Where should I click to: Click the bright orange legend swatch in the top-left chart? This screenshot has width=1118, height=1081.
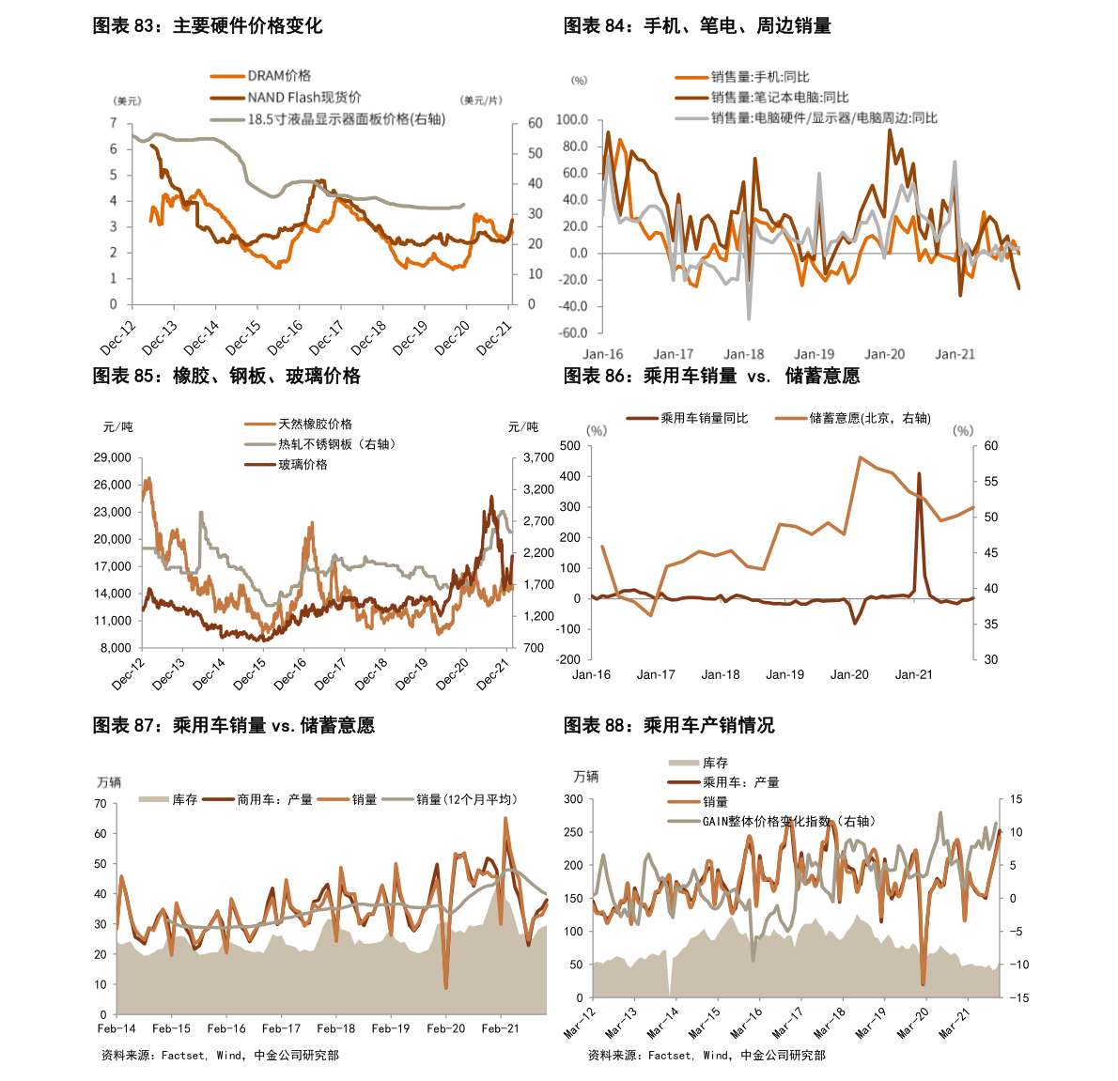[x=227, y=76]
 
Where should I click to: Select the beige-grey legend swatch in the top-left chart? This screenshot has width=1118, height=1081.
[x=227, y=119]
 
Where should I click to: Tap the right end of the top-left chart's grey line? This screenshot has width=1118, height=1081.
[x=463, y=205]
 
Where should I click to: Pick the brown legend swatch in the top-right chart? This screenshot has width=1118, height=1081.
[x=691, y=98]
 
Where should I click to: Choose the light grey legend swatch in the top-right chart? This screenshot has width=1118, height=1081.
[x=691, y=118]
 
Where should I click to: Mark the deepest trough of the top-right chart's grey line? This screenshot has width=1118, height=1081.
[x=749, y=319]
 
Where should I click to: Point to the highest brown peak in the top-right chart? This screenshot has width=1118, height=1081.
[x=890, y=131]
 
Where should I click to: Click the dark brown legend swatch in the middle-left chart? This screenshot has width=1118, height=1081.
[x=260, y=465]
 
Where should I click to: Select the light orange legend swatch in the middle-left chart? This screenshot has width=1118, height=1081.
[x=260, y=424]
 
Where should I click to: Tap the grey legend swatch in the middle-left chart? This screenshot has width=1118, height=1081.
[x=260, y=444]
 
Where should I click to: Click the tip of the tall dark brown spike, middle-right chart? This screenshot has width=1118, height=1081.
[x=919, y=474]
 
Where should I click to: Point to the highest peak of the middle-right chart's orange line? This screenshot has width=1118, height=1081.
[x=860, y=457]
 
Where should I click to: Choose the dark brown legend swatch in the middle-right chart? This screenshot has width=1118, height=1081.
[x=643, y=418]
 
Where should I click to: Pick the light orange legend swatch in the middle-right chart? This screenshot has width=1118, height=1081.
[x=790, y=418]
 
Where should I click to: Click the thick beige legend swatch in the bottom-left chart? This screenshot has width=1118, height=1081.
[x=154, y=800]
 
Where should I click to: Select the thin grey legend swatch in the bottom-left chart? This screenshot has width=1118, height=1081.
[x=397, y=800]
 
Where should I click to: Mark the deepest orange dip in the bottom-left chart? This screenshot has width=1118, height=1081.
[x=446, y=987]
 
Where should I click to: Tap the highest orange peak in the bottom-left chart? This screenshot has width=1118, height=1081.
[x=505, y=818]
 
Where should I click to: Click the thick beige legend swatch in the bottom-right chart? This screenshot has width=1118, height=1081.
[x=684, y=763]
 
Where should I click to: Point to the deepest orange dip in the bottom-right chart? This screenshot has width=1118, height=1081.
[x=924, y=983]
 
